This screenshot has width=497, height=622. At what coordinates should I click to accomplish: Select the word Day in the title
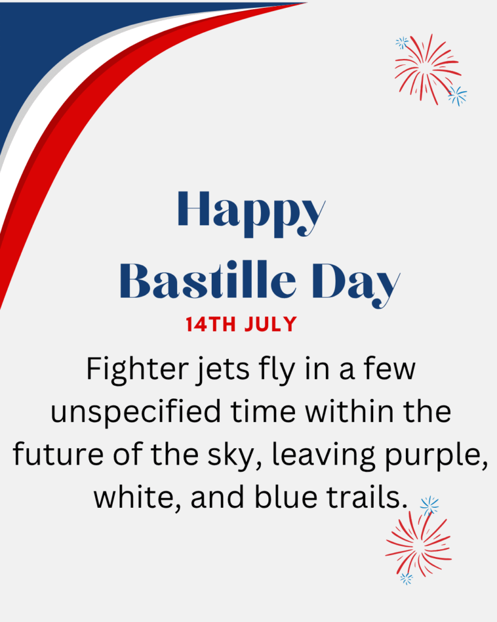click(356, 284)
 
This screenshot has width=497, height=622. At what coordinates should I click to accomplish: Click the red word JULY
click(270, 324)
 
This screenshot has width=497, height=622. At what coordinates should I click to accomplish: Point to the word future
click(58, 454)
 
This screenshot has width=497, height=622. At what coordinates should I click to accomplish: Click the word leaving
click(323, 456)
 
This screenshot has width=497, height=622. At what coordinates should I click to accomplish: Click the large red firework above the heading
click(428, 69)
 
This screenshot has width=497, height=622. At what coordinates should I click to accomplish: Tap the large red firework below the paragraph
click(419, 544)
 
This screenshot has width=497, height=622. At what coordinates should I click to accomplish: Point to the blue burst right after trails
click(429, 506)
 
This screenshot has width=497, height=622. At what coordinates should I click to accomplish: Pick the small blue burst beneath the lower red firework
click(406, 578)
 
